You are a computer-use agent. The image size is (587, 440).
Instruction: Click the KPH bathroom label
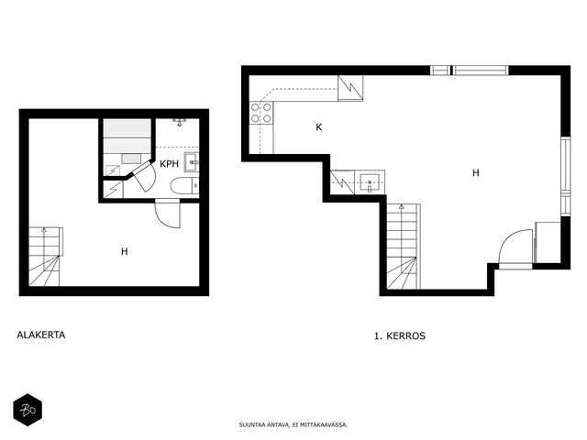pos(169,164)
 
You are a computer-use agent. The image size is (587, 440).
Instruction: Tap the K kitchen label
pos(319,127)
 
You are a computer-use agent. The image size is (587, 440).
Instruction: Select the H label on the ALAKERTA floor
pos(125,251)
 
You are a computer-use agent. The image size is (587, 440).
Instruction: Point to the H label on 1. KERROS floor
pos(476,173)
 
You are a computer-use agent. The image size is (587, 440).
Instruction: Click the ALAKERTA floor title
pos(40,335)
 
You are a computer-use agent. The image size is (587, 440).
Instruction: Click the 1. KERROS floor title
pos(400,335)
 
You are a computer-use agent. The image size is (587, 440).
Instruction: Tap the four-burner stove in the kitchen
pos(260,113)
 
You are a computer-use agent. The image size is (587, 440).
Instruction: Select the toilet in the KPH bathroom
pos(185,186)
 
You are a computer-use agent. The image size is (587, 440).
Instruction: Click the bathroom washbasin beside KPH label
pos(192,162)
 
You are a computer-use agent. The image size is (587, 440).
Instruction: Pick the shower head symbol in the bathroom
pos(180,122)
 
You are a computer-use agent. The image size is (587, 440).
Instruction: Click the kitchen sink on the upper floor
pos(369,182)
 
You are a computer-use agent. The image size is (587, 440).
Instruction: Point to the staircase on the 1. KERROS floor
pos(404,247)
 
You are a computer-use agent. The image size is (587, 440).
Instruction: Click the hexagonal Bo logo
pos(28,410)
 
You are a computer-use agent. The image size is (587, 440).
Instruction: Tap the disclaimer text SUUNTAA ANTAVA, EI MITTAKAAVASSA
pos(293,425)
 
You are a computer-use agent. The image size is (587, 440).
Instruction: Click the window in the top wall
pos(469,71)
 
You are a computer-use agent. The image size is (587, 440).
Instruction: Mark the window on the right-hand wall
pos(566,177)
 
